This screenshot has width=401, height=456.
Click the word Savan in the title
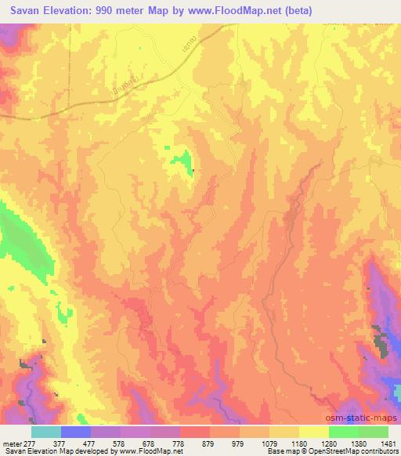click(x=23, y=11)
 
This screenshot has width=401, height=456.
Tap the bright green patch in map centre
click(x=185, y=162)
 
